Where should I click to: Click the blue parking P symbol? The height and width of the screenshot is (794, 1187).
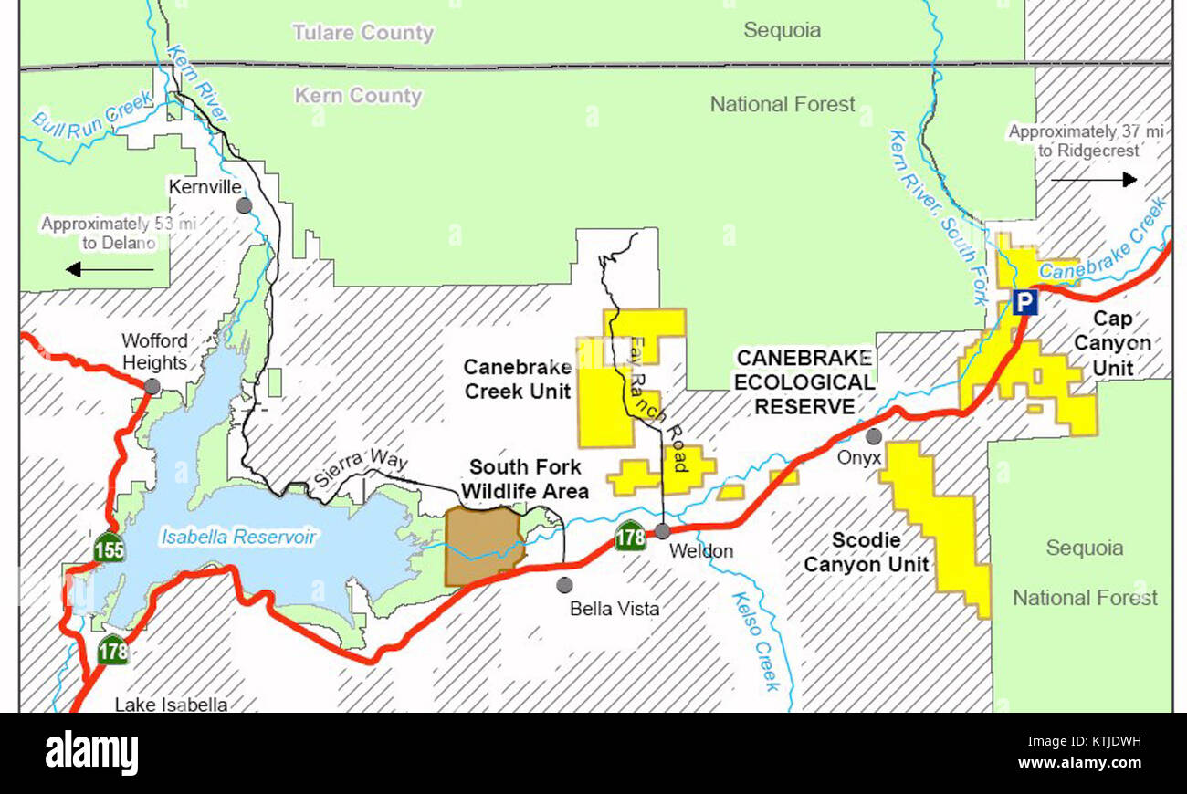pos(1024,302)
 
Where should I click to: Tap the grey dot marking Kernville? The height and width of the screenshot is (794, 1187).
pos(244,206)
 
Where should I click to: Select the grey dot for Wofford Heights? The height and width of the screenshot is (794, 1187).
pos(152,386)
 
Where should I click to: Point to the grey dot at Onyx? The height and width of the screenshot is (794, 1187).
pos(874,436)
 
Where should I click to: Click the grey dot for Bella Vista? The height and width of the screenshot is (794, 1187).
pos(564,584)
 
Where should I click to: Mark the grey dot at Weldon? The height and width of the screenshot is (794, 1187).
pos(662,531)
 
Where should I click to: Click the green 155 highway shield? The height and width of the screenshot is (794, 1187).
pos(109,549)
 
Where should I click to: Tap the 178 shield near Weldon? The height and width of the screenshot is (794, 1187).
pos(630,536)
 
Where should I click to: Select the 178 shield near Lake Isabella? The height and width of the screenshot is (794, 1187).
pos(113,651)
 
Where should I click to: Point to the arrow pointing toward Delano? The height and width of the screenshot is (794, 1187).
pos(110,269)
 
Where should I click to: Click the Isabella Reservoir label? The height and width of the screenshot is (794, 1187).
pos(238,537)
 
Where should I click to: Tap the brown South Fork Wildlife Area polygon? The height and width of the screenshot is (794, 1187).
pos(481,546)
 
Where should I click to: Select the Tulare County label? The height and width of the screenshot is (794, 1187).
pos(362,33)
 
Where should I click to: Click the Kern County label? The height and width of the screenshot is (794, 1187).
pos(358,96)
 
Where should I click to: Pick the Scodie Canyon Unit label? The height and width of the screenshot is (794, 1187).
pos(866,553)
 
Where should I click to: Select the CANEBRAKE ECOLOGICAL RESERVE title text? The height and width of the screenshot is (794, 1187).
pos(804,381)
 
